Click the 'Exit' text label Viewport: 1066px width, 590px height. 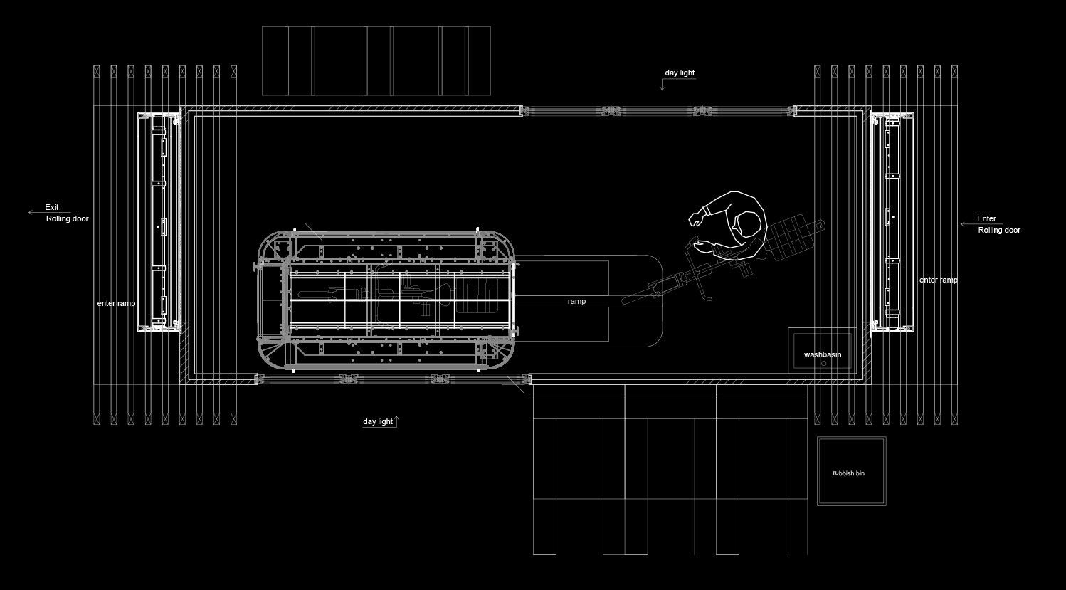pos(52,207)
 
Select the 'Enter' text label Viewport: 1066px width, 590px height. pos(986,218)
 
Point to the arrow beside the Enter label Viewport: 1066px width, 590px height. pos(968,224)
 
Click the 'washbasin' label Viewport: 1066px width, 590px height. pos(823,354)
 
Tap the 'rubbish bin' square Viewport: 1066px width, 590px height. pos(851,471)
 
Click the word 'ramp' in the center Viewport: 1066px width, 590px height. pos(576,302)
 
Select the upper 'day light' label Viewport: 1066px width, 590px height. pos(680,73)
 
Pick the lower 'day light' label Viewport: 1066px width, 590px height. pos(378,421)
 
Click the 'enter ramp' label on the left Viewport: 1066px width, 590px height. pos(116,303)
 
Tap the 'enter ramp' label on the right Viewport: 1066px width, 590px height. pos(938,280)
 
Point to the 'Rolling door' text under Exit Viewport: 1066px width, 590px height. pos(68,218)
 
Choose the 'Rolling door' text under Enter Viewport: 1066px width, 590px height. pos(999,230)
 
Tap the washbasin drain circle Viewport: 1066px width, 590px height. pos(824,363)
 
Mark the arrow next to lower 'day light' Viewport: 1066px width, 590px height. pos(397,420)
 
